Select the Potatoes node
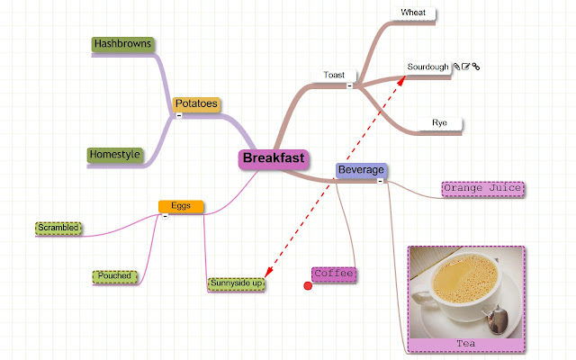click(x=196, y=104)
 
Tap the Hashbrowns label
click(x=122, y=44)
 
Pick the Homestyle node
click(x=115, y=155)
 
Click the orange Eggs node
click(x=181, y=206)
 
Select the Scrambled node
click(x=58, y=228)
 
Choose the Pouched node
click(x=116, y=275)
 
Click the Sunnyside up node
click(x=236, y=284)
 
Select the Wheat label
click(x=413, y=13)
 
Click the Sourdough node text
click(x=427, y=67)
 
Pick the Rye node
click(x=439, y=122)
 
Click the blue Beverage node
click(x=361, y=169)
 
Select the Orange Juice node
click(x=483, y=188)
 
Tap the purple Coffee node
click(x=334, y=274)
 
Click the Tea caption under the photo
click(x=465, y=344)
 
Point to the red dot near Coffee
click(x=308, y=286)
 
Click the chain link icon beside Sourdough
click(x=476, y=67)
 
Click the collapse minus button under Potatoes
click(x=179, y=115)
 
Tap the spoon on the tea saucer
click(x=497, y=316)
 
